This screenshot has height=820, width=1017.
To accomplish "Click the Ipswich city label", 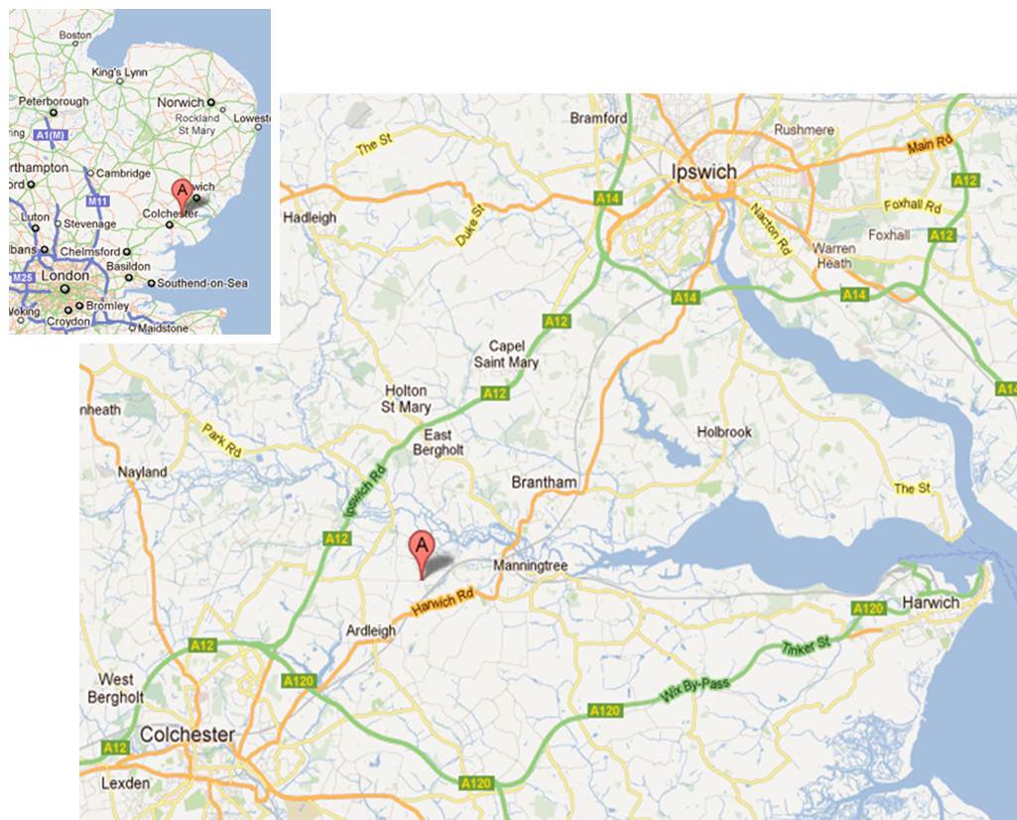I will tap(704, 171).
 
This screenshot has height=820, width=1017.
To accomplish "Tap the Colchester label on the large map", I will tap(188, 736).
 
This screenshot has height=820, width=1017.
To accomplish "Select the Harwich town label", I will tap(931, 603).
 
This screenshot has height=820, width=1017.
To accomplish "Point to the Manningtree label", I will tap(530, 566).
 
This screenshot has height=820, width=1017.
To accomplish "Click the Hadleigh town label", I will tap(310, 217).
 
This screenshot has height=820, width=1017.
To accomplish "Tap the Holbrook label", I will tap(724, 432).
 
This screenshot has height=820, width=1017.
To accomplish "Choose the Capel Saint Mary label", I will tap(514, 354).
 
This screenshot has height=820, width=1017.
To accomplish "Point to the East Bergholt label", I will tap(438, 443).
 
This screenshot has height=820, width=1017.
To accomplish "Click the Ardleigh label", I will tap(370, 631).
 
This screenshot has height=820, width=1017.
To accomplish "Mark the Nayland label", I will tap(143, 472).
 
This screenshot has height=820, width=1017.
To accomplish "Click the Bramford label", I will tap(599, 118).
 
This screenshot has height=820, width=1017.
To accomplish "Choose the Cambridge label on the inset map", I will tap(124, 173).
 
